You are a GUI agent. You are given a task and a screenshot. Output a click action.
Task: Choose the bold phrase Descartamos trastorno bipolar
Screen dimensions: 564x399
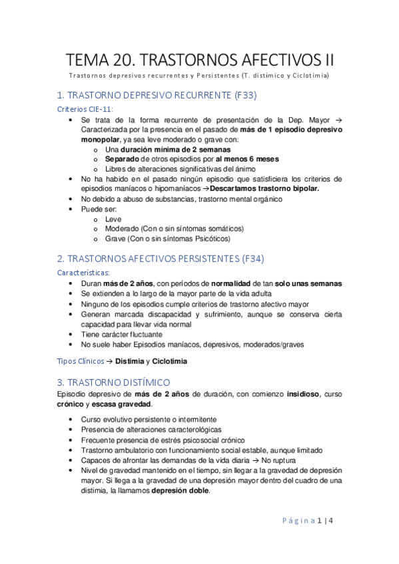(x=264, y=188)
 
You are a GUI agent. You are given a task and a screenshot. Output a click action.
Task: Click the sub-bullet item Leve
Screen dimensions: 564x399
(x=113, y=218)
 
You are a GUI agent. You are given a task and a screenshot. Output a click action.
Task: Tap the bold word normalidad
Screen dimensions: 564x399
(x=242, y=283)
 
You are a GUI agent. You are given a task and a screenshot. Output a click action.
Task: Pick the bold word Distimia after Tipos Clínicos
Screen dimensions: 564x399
(x=129, y=361)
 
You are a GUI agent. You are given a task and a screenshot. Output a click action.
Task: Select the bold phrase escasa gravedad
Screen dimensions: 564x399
(x=124, y=404)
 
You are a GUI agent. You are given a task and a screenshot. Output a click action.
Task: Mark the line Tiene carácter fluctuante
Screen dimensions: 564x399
(x=127, y=335)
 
